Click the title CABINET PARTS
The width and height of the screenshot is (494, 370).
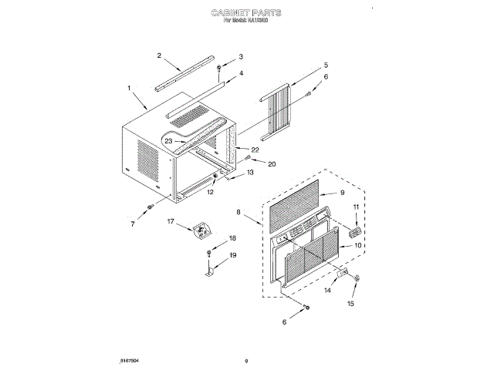[246, 13]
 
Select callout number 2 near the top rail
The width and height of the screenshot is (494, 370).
[159, 55]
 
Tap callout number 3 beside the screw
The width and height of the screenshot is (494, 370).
[240, 56]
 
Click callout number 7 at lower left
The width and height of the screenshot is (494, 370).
[132, 224]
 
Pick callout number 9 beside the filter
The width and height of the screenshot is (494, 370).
[343, 193]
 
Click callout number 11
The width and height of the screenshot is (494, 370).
[356, 207]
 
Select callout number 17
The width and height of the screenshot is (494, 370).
[171, 221]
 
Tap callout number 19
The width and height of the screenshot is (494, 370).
[232, 255]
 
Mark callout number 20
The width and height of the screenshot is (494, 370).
[271, 163]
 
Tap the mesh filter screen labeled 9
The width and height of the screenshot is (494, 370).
[293, 201]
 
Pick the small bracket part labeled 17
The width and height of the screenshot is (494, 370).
[201, 229]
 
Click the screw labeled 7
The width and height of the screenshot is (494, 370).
[150, 206]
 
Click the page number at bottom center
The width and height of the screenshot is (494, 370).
[246, 360]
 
